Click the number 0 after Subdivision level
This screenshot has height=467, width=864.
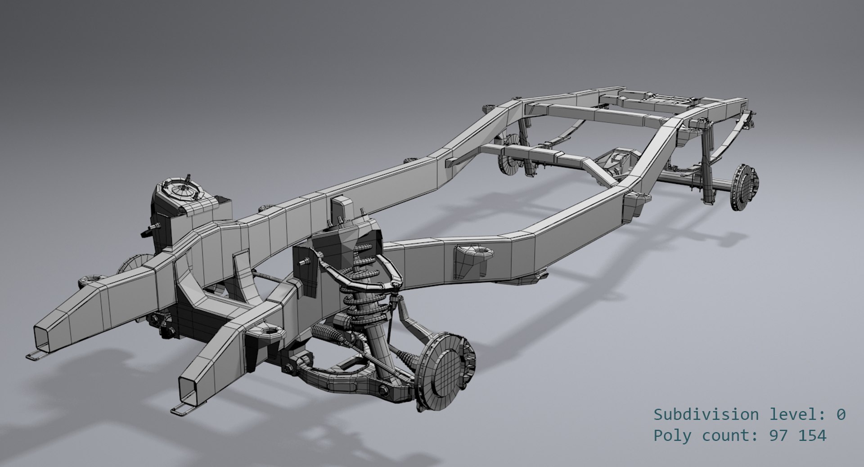pos(840,414)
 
